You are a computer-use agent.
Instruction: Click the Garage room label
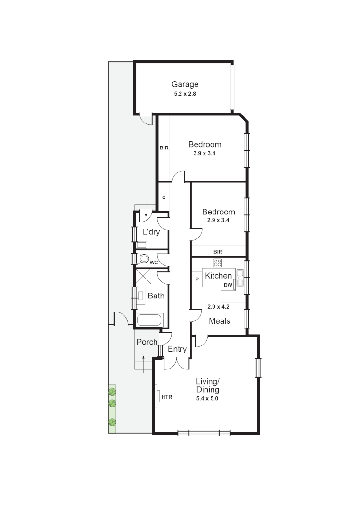click(185, 84)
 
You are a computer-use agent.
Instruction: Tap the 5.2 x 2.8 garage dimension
click(185, 94)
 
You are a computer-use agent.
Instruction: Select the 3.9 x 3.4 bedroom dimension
click(205, 153)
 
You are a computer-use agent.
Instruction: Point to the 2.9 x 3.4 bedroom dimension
click(218, 221)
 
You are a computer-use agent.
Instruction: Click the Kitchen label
click(218, 276)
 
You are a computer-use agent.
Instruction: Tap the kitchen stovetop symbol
click(217, 263)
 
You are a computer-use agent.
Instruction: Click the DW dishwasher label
click(228, 285)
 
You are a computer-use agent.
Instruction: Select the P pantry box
click(197, 279)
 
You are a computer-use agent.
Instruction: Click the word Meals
click(220, 321)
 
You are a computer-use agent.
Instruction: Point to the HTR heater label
click(167, 397)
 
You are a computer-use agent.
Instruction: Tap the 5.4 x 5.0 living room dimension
click(208, 398)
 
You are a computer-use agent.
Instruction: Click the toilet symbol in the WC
click(143, 259)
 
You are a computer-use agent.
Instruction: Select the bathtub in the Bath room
click(149, 320)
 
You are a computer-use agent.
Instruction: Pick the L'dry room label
click(151, 232)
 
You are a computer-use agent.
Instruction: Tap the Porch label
click(147, 342)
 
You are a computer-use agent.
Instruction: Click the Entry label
click(177, 349)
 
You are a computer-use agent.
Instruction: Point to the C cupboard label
click(164, 197)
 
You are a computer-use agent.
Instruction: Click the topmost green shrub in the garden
click(112, 391)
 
